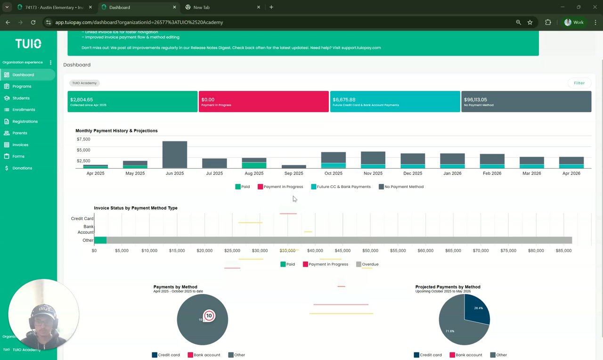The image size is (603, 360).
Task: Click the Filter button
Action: coord(579,83)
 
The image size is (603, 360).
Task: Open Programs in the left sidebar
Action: coord(22,86)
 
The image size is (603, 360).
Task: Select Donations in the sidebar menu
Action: coord(22,168)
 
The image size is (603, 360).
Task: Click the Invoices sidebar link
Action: coord(20,145)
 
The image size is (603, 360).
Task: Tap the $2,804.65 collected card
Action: coord(132,101)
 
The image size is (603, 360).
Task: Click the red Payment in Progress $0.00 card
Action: coord(263,101)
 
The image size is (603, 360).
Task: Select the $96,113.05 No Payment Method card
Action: coord(526,101)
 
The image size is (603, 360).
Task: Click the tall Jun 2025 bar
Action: coord(175,155)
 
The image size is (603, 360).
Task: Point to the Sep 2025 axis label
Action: coord(293,173)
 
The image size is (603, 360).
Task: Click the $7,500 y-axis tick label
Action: coord(83,139)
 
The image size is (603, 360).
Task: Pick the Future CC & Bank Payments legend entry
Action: coord(341,187)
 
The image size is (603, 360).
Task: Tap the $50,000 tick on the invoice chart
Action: coord(370,251)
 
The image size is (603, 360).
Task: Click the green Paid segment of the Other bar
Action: coord(100,240)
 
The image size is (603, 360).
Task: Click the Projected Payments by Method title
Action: coord(448,287)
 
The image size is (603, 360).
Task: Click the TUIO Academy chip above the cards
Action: coord(84,83)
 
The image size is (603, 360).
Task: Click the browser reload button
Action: coord(33,22)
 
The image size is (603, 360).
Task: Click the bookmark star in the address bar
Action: coord(530,22)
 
